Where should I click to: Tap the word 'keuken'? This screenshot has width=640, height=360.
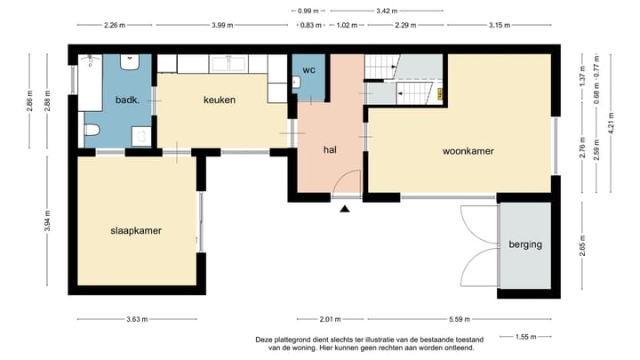219,100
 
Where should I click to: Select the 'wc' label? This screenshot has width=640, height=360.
309,69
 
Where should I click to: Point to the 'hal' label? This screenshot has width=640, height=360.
330,149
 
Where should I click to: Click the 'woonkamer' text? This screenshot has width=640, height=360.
468,151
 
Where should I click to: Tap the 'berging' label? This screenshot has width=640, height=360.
525,244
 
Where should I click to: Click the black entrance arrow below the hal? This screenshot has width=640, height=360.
345,209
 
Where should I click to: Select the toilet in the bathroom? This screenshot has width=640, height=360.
92,132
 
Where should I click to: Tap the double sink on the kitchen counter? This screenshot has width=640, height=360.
232,63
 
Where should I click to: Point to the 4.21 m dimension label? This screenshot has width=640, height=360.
611,122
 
